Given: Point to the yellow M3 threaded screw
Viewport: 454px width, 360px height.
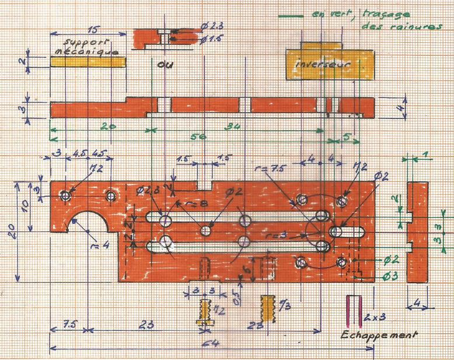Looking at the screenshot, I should (268, 307).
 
